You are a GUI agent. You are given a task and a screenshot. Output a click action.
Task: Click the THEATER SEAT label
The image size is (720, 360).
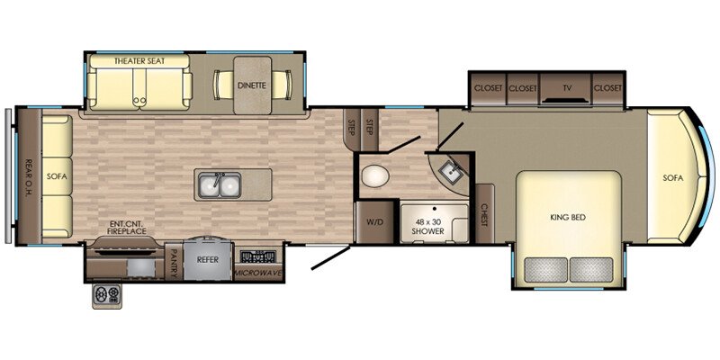click(x=139, y=61)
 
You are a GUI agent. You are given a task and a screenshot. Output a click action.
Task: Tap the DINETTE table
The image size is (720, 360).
click(x=252, y=85)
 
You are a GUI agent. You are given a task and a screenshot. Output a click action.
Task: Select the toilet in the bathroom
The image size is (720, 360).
click(x=374, y=175)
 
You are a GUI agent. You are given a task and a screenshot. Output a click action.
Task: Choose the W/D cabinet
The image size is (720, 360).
click(x=374, y=222)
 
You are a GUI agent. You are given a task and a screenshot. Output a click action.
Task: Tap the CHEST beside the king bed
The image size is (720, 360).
click(x=484, y=214)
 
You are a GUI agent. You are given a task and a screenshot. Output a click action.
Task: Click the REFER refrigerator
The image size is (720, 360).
click(x=207, y=259)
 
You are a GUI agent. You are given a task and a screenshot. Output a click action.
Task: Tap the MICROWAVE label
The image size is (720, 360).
click(x=259, y=274)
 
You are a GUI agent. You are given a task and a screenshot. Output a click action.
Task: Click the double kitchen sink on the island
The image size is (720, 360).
click(x=220, y=184)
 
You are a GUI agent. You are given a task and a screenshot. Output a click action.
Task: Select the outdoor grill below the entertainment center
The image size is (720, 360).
click(x=107, y=296)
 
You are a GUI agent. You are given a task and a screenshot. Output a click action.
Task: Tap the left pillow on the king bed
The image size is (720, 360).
click(x=545, y=269)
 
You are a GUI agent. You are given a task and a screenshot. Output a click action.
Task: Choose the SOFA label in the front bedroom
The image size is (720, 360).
click(x=672, y=178)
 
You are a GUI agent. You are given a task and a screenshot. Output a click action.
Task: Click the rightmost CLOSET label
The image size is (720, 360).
click(x=607, y=88)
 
